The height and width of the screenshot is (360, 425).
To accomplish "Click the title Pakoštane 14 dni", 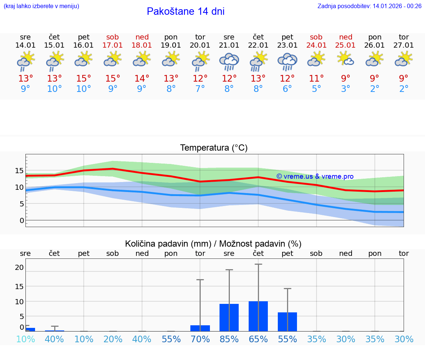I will [x=186, y=11].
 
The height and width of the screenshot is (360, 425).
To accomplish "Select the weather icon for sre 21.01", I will [x=229, y=62].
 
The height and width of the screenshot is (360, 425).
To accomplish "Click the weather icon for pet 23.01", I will [x=287, y=62].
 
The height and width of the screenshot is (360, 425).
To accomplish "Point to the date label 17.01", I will [x=113, y=45].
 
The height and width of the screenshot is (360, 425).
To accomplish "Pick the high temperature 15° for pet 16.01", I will [x=84, y=79].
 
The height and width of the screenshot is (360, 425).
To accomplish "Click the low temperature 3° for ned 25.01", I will [x=345, y=89].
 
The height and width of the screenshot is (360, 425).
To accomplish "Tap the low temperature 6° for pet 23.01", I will [x=287, y=89].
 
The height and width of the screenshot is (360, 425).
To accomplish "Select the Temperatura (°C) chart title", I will [x=214, y=148].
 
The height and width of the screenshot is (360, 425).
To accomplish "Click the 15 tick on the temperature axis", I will [x=19, y=171].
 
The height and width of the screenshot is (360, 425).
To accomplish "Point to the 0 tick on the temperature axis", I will [x=22, y=220].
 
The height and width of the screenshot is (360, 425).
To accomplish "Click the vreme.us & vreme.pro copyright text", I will [x=315, y=176].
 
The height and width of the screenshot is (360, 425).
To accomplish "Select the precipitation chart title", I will [x=213, y=244].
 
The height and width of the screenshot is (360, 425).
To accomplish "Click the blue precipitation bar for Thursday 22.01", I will [x=258, y=316].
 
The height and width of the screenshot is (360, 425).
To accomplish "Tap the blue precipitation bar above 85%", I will [x=229, y=318].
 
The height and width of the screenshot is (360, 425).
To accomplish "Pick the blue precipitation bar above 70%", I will [x=200, y=328].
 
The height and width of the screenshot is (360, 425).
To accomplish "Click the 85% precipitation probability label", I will [x=229, y=339].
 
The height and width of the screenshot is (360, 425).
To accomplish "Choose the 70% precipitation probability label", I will [x=200, y=339].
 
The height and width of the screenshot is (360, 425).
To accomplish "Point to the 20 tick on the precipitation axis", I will [x=19, y=267].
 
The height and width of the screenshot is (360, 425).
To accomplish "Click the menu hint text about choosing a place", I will [x=41, y=6].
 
